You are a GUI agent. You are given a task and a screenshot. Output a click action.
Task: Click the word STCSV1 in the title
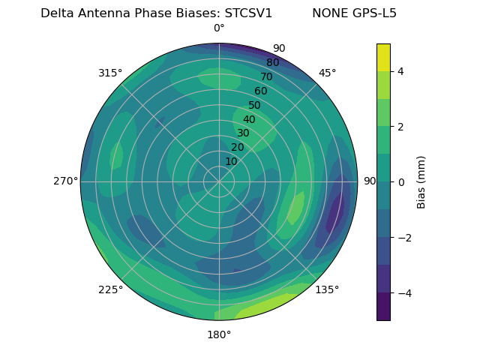tap(248, 13)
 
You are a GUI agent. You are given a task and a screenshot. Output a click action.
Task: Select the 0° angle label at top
tap(219, 28)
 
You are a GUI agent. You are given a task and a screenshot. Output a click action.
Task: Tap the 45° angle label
tap(327, 73)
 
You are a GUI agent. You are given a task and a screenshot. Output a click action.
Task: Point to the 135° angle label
tap(327, 289)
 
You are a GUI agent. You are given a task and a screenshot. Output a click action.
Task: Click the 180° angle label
tap(219, 334)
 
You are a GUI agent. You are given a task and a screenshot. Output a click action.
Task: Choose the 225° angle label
tap(110, 289)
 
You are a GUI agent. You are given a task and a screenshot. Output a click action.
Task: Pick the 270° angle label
tap(65, 181)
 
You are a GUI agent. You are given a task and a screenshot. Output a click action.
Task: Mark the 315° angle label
tap(110, 73)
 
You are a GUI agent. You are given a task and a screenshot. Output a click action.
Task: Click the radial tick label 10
tap(231, 161)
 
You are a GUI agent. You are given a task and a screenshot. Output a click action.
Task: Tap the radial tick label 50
tap(255, 105)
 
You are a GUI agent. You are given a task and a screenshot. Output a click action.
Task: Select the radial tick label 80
tap(272, 63)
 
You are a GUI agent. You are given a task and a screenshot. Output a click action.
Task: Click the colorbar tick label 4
tap(401, 71)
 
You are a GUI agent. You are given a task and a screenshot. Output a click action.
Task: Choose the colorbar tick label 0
tap(401, 181)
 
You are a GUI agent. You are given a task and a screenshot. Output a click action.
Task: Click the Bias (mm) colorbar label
tap(421, 181)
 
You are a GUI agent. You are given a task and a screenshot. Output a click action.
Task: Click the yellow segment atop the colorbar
tap(383, 57)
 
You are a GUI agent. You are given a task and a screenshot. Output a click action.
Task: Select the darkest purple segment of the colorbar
tap(383, 307)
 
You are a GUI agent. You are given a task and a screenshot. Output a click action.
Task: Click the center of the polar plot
tap(219, 181)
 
